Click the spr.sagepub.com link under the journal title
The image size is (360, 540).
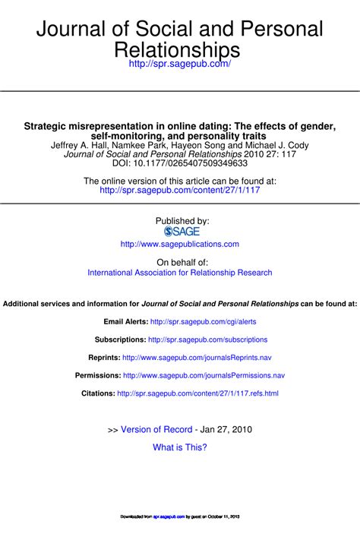point(180,65)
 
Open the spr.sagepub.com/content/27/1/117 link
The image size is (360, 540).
point(180,191)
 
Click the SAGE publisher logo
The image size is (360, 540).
point(179,231)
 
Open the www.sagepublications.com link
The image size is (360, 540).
point(180,244)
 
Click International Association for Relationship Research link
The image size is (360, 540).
point(180,272)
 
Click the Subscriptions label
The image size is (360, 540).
point(120,339)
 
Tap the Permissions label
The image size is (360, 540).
point(98,375)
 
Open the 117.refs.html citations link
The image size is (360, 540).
point(198,393)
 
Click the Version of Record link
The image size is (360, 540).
point(156,429)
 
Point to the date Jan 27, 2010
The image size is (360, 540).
point(226,429)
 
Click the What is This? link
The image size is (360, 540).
point(180,447)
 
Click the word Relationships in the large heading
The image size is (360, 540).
point(180,49)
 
